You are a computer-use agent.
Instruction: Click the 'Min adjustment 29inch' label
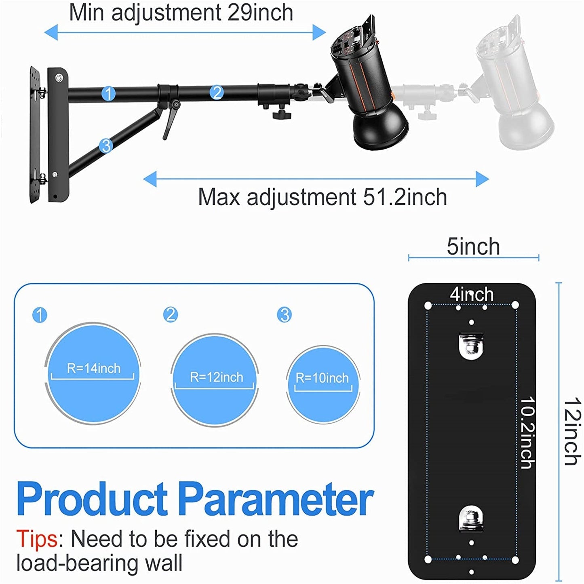coord(181,12)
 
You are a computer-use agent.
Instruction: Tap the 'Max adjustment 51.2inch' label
coord(322,197)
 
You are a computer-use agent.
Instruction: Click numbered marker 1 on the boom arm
coord(108,93)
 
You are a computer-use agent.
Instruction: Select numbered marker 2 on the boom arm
coord(217,93)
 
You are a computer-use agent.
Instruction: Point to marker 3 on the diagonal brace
coord(106,145)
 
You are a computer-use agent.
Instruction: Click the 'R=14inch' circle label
coord(94,369)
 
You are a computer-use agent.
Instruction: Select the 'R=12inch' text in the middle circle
coord(217,377)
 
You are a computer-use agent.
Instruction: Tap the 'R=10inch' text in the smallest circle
coord(322,378)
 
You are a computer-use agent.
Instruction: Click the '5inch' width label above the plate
coord(473,247)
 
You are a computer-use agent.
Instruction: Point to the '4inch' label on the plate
coord(472,294)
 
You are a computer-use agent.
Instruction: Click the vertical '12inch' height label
coord(572,431)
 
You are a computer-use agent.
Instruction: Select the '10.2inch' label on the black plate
coord(527,432)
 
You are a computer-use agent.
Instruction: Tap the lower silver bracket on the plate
coord(471,519)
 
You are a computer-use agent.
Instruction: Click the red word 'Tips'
coord(37,539)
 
